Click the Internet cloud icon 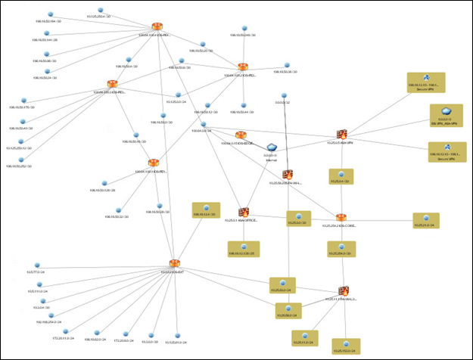coord(271,147)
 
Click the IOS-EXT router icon coord(174,262)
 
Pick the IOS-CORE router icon coord(341,218)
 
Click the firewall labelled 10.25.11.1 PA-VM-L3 coord(343,290)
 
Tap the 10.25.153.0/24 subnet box coord(347,345)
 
